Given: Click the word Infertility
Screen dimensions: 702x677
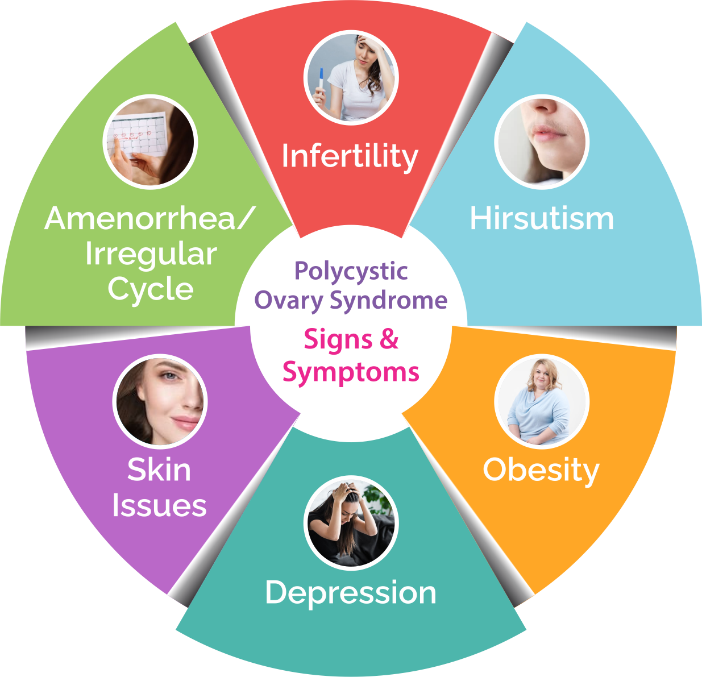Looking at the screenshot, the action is point(350,156).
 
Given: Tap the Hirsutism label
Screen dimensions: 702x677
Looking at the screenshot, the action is point(542,218).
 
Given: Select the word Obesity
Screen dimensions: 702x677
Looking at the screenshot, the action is point(541,471).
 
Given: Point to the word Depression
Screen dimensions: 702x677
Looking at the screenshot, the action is point(351,593).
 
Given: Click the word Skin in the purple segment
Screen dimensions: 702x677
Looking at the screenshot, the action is point(159,470).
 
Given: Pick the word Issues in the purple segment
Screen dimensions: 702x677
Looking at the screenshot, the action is point(160,505).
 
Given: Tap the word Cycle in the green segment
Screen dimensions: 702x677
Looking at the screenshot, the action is point(151,289).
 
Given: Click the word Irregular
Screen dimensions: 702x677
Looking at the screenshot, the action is point(151,255).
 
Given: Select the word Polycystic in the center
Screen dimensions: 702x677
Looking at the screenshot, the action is point(351,271).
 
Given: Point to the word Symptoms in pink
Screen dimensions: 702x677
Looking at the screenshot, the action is point(351,373).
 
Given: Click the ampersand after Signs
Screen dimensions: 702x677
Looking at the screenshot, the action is point(389,339).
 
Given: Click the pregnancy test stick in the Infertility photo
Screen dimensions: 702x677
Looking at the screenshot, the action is point(321,81).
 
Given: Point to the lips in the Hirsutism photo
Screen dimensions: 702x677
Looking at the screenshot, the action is point(548,134).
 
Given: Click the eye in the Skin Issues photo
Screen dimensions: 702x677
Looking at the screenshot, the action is point(169,376).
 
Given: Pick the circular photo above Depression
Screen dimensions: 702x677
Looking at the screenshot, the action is point(351,523).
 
